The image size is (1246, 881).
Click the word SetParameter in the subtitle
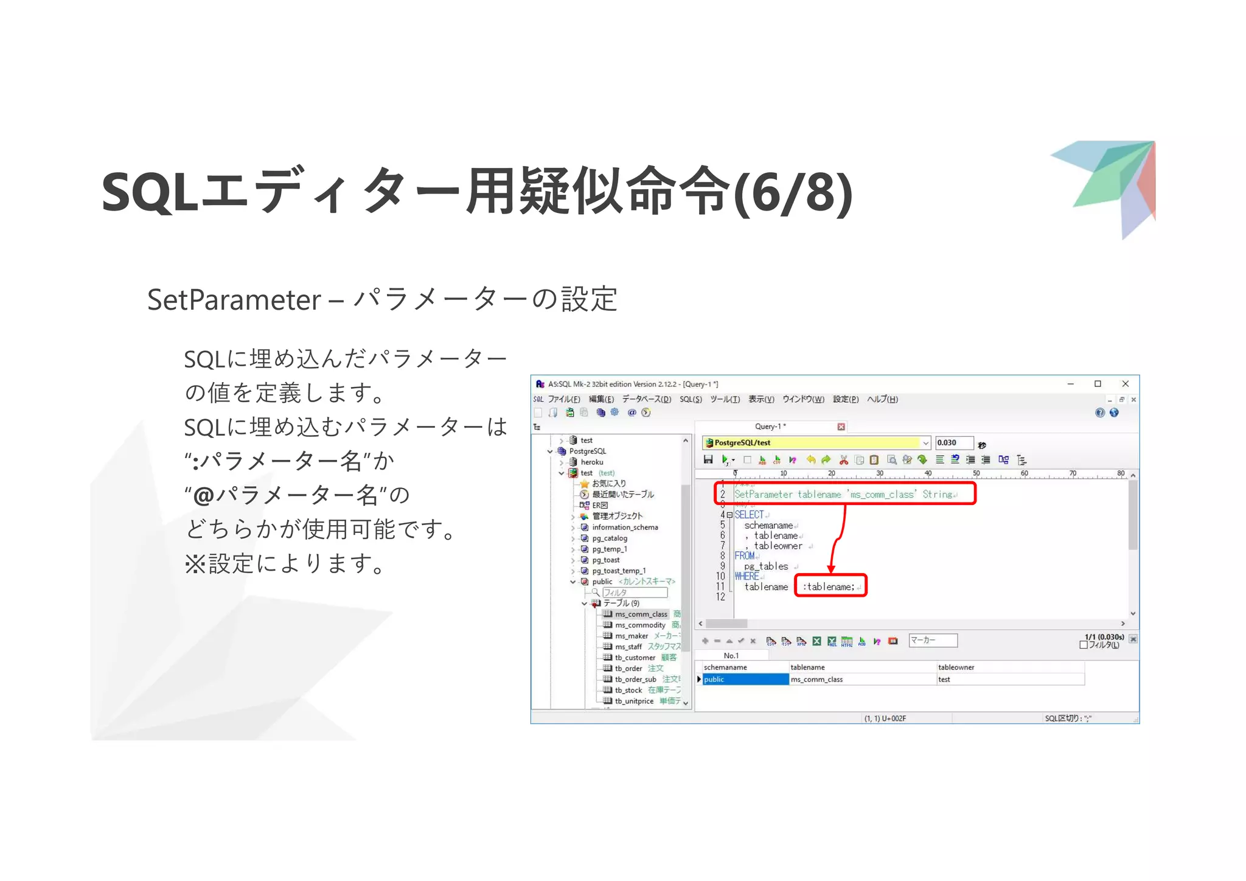pos(234,300)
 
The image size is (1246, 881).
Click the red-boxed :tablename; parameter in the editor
pos(830,587)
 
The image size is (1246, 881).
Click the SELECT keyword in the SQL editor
pos(749,515)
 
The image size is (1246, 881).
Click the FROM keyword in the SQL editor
pos(744,555)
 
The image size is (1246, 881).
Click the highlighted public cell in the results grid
pos(745,680)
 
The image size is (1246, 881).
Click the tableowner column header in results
pos(956,667)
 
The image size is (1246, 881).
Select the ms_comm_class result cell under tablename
pos(816,680)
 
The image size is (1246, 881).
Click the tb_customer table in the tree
pos(635,658)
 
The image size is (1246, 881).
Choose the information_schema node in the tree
pos(625,528)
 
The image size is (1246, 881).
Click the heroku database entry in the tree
pos(591,462)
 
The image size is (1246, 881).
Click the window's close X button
pos(1125,384)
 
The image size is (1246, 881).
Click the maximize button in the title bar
pos(1098,384)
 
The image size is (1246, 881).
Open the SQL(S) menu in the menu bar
pos(691,400)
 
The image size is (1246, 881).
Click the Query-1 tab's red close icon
pos(841,427)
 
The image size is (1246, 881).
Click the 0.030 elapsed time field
pos(953,443)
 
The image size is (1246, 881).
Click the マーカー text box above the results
pos(932,640)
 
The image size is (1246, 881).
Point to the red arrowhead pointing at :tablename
pos(831,569)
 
